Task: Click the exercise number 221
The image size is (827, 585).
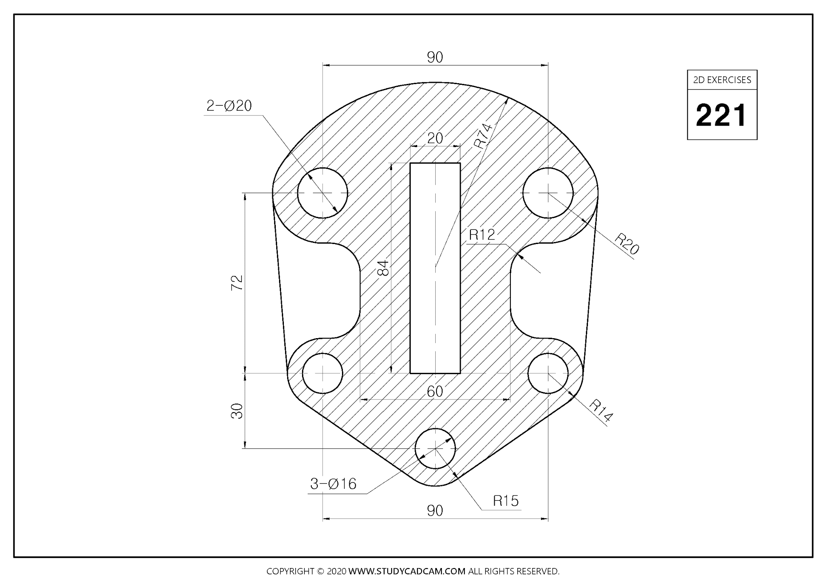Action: tap(722, 115)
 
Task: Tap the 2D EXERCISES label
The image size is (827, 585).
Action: tap(722, 80)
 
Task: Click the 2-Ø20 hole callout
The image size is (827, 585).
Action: tap(229, 106)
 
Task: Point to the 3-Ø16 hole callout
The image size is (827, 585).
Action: tap(333, 484)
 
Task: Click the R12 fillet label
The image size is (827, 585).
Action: tap(482, 235)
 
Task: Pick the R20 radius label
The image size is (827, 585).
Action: tap(627, 244)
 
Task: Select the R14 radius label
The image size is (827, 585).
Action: tap(601, 410)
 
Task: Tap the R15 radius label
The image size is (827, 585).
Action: tap(506, 501)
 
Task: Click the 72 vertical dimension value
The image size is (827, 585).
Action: tap(237, 282)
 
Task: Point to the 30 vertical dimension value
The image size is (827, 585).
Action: tap(237, 411)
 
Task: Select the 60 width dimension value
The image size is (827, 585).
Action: tap(435, 391)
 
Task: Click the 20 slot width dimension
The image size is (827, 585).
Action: tap(435, 138)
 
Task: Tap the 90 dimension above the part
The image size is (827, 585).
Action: tap(435, 57)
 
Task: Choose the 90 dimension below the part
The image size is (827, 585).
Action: tap(435, 511)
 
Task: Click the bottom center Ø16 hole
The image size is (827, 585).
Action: tap(435, 448)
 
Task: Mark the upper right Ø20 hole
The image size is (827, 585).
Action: tap(548, 193)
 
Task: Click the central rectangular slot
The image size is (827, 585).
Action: tap(435, 267)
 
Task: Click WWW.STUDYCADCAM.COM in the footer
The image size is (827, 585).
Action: tap(407, 571)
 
